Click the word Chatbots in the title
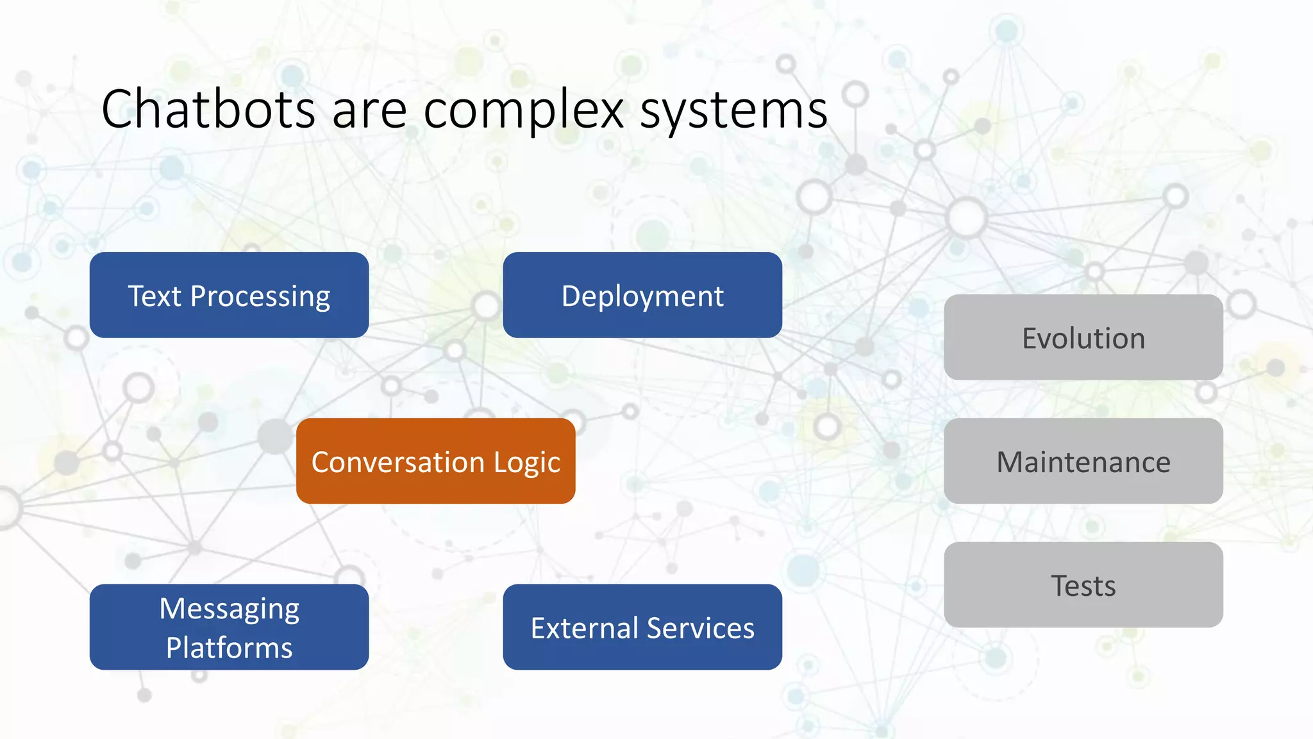(x=208, y=109)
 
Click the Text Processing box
(x=229, y=295)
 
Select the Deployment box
(x=642, y=295)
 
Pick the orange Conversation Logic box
(x=435, y=461)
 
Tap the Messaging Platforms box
(x=229, y=627)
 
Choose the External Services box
(x=642, y=627)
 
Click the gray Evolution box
(x=1083, y=337)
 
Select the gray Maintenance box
(x=1083, y=461)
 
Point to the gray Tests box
(x=1083, y=585)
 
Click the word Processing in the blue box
(x=260, y=297)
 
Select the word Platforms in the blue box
(x=229, y=647)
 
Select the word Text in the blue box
(x=155, y=296)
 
